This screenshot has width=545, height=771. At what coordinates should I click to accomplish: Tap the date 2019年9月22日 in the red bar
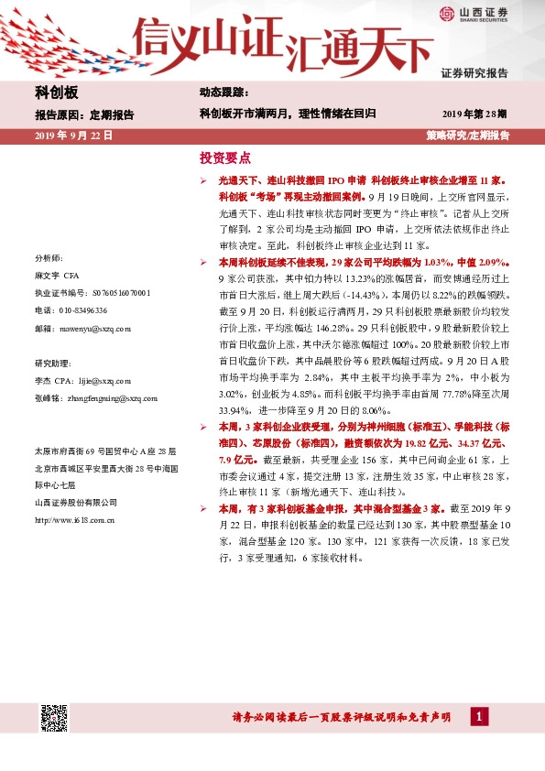pos(73,135)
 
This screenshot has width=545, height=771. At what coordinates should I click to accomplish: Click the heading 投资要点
pos(225,157)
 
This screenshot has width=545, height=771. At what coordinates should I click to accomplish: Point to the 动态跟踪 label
pos(223,93)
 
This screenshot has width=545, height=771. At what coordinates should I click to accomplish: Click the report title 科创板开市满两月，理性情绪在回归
pos(288,114)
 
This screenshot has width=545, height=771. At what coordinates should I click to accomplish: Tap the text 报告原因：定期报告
pos(84,115)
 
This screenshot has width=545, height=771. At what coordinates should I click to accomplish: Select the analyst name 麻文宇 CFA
pos(59,276)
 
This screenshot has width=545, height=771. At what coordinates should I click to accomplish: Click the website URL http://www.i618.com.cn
pos(74,519)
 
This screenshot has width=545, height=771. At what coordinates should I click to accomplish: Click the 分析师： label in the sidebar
pos(49,258)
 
